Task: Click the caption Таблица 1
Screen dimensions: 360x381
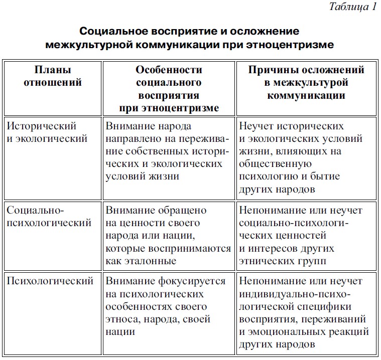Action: (x=351, y=7)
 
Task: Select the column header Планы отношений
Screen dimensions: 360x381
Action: (x=52, y=76)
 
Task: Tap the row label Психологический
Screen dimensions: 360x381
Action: (x=50, y=281)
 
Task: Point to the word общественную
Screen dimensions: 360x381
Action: (x=276, y=164)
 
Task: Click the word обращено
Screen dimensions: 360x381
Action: (x=180, y=211)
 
